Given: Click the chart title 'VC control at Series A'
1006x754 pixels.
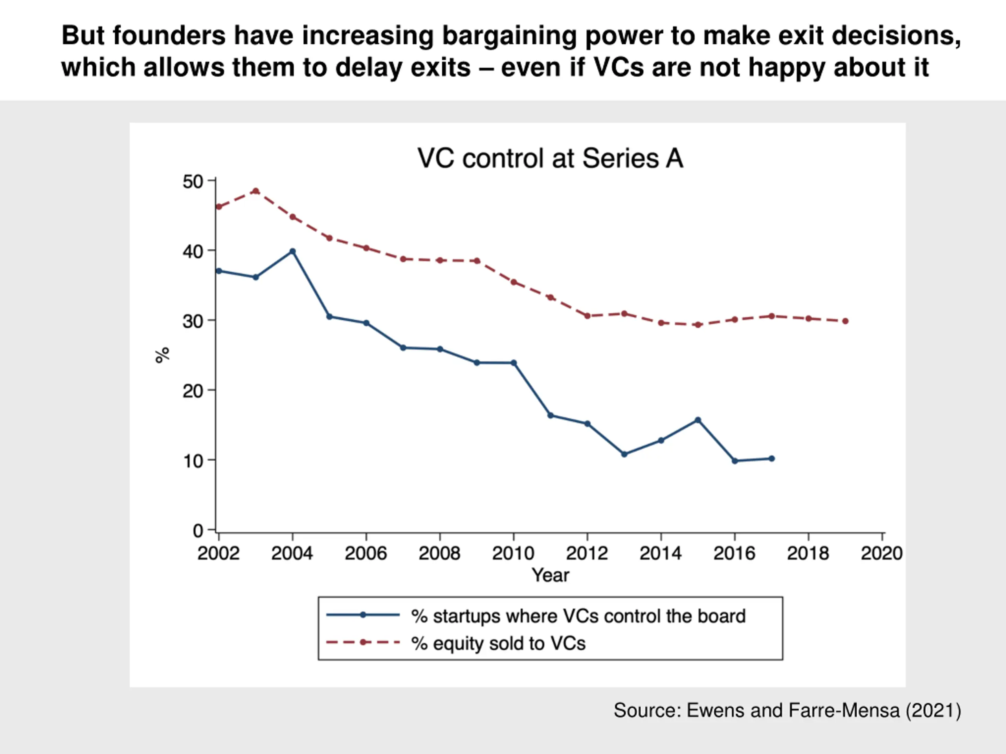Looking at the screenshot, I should coord(550,159).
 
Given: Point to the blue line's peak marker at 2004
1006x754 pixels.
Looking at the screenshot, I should coord(292,251).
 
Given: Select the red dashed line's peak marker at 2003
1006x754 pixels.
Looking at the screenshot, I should coord(255,191).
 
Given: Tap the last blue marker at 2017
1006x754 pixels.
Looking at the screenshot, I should coord(771,459).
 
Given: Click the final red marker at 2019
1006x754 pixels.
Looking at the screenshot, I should coord(845,321).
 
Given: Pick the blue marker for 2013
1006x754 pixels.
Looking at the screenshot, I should coord(624,454).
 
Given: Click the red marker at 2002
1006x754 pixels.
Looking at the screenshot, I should coord(219,207).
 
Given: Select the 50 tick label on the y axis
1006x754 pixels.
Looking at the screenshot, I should coord(193,182).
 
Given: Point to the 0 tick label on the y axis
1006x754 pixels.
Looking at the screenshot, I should coord(198,531).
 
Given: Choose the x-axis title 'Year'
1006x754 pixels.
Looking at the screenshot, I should coord(550,575).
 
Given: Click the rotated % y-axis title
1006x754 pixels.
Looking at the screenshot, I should coord(162,355).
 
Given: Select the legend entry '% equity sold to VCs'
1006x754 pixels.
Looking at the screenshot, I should coord(498,643).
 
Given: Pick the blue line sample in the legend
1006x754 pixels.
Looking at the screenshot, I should coord(363,615).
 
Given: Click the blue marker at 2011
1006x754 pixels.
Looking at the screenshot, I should coord(550,415).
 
